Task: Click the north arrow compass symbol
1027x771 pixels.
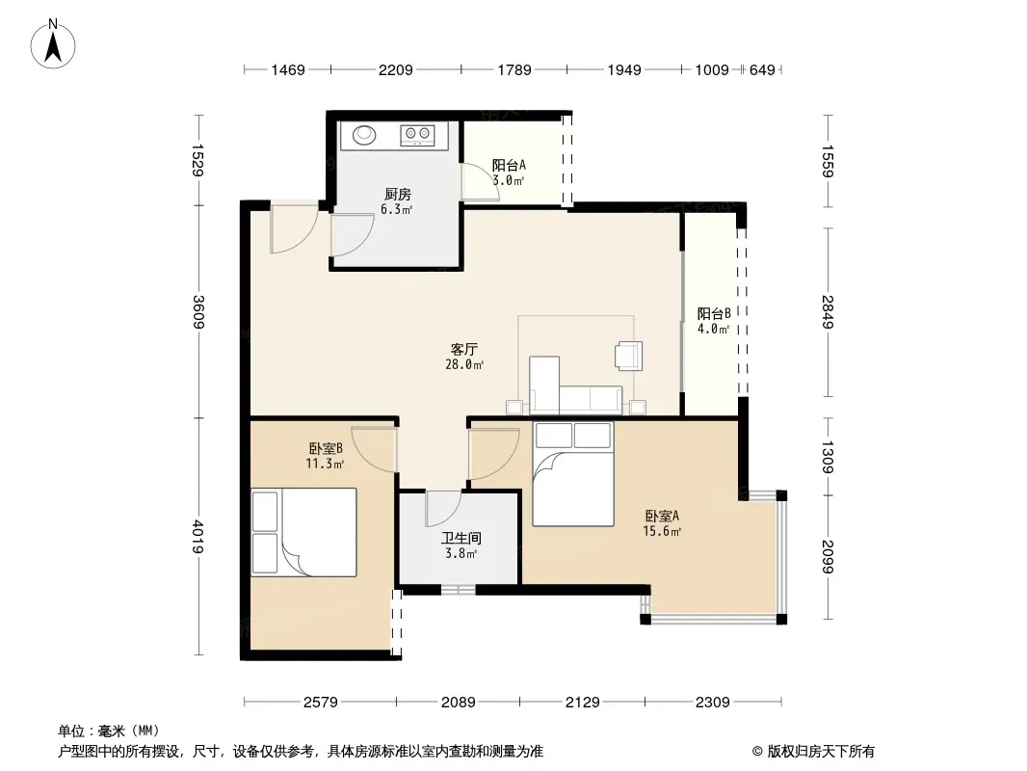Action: coord(53,44)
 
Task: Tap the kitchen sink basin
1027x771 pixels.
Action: coord(364,135)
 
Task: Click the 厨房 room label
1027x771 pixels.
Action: coord(398,195)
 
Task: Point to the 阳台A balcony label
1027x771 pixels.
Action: coord(509,165)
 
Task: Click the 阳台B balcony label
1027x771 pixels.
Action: coord(714,314)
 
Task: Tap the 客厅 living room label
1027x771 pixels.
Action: coord(463,349)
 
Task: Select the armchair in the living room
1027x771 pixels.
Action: coord(629,356)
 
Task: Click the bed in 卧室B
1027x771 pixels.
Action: coord(303,532)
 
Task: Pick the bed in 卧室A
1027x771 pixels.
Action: coord(573,474)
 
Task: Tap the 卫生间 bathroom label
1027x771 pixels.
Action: coord(461,539)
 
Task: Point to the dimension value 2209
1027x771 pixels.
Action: coord(396,70)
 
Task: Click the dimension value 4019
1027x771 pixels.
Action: coord(198,537)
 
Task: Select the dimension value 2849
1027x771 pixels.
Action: coord(828,312)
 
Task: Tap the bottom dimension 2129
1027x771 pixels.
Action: coord(582,703)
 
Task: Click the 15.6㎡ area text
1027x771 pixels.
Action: coord(662,531)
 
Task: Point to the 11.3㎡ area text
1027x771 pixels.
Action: coord(325,464)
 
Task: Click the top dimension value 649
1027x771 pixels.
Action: coord(762,70)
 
